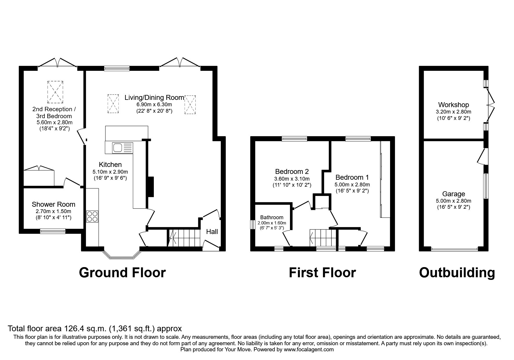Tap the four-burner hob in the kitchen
point(92,217)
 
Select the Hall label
point(212,232)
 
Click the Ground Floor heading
point(122,273)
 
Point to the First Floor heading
point(322,273)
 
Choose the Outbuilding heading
point(457,273)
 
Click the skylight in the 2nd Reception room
point(55,92)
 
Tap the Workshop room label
point(453,105)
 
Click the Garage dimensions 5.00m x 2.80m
point(453,201)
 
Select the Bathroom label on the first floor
point(272,217)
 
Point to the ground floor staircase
point(185,238)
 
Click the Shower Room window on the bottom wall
point(53,231)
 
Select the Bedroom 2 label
point(292,171)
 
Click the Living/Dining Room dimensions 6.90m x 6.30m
point(154,105)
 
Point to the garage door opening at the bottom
point(454,249)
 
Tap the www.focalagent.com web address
point(309,350)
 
